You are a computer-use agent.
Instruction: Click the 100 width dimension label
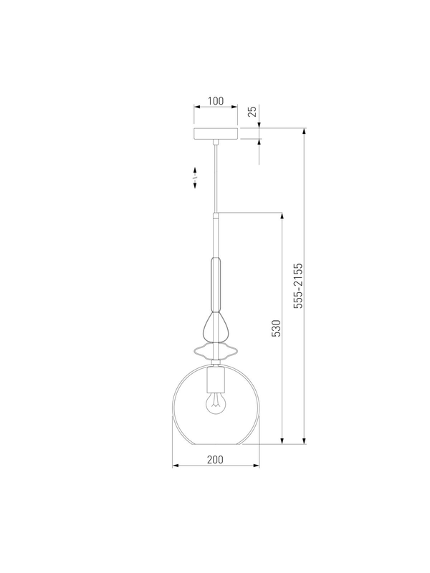(216, 101)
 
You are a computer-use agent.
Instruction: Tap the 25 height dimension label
(253, 111)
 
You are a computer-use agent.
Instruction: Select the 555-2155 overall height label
(299, 286)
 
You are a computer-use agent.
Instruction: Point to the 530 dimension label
(277, 328)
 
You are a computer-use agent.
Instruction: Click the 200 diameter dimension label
(215, 459)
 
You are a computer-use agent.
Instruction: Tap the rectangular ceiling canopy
(216, 133)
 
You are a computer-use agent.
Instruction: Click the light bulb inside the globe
(216, 403)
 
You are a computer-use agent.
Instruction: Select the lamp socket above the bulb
(216, 380)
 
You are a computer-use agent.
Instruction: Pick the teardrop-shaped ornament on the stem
(217, 326)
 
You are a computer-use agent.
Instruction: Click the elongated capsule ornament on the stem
(216, 284)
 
